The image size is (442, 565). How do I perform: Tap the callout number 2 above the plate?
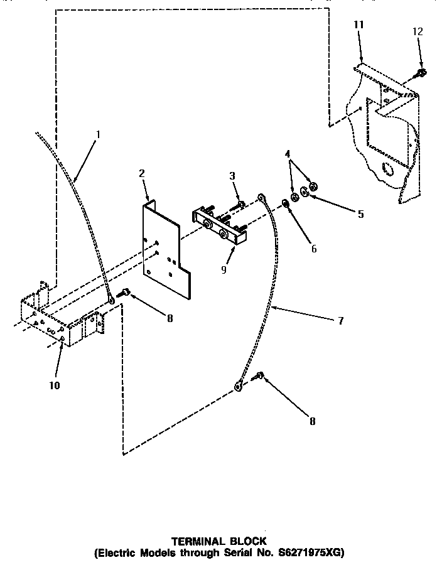tap(142, 173)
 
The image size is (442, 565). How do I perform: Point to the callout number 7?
tap(340, 320)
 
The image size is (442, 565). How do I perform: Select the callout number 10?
tap(55, 385)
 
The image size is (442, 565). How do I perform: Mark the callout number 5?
tap(360, 214)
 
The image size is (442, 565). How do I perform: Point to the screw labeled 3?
tap(241, 206)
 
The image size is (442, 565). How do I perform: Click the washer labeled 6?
tap(285, 203)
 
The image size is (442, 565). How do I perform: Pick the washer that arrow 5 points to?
tap(304, 191)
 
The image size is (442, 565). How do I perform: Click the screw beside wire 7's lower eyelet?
tap(259, 377)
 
